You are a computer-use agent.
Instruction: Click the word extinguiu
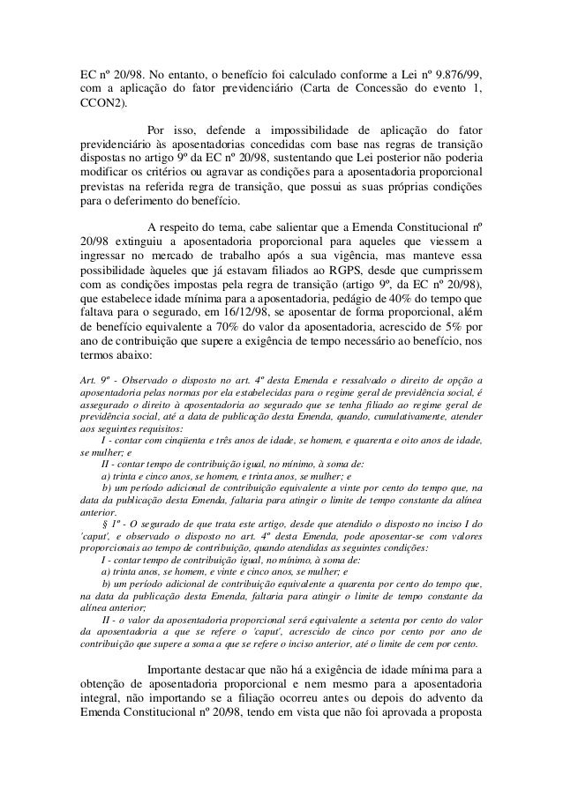(135, 241)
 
